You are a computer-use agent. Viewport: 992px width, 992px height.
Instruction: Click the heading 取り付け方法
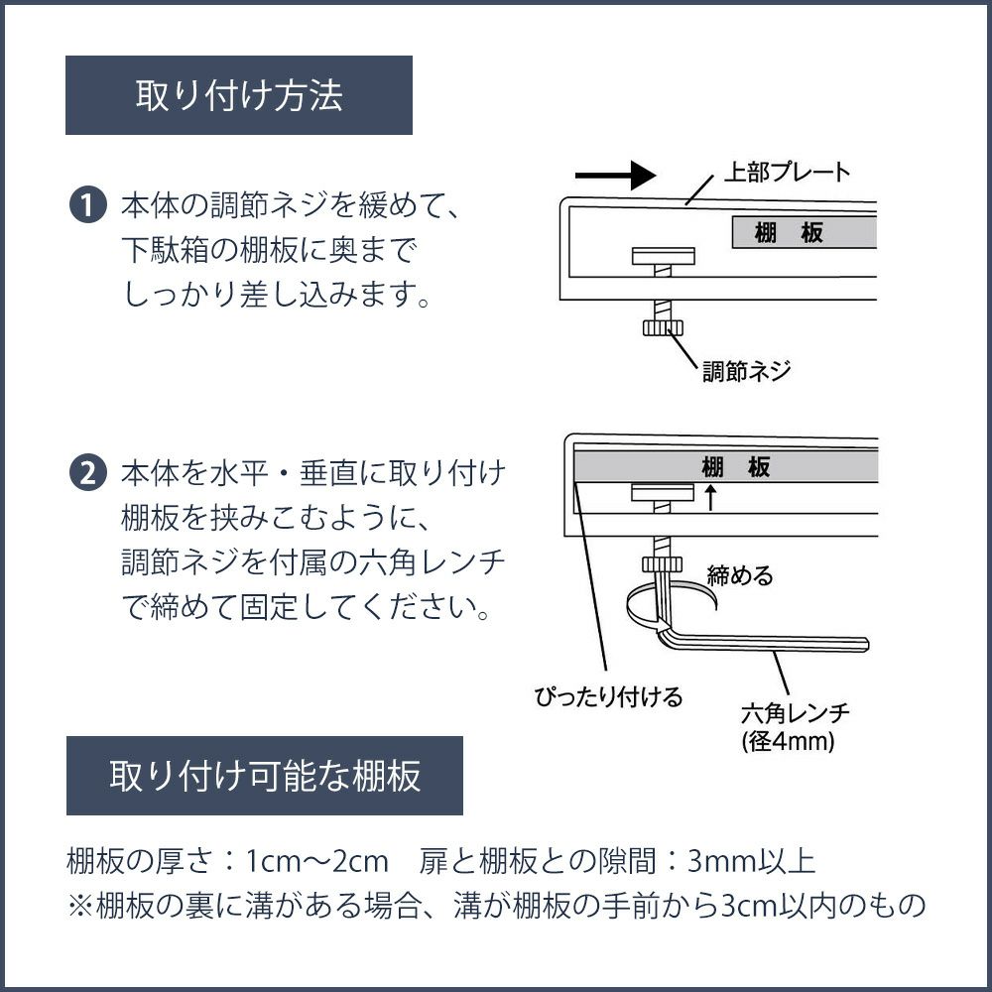point(238,95)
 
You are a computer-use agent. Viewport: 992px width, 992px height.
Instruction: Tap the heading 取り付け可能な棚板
point(265,775)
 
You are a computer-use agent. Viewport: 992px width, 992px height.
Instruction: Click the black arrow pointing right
point(615,176)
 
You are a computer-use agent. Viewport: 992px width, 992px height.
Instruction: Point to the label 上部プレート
point(787,172)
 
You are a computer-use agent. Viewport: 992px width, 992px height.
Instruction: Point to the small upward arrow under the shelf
point(710,497)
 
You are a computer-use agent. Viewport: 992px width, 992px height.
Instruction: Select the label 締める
point(739,575)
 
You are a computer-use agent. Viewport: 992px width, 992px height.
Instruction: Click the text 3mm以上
point(751,859)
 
